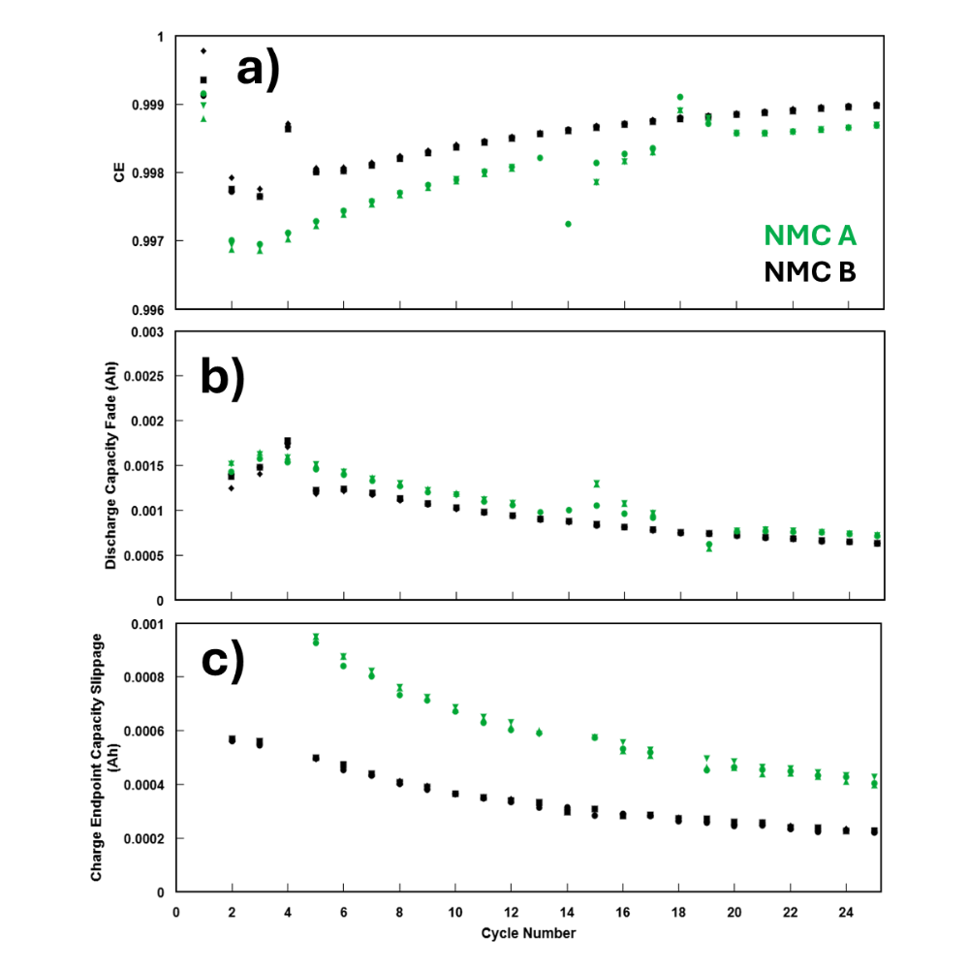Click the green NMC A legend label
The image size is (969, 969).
(x=809, y=235)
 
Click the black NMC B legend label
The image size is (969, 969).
(x=809, y=272)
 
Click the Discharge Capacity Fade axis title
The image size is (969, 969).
(x=111, y=466)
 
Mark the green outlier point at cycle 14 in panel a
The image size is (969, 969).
(x=568, y=224)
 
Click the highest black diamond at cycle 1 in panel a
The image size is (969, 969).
(x=203, y=50)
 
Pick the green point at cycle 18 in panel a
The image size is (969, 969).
(x=680, y=98)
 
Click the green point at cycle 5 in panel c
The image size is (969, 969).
(x=316, y=640)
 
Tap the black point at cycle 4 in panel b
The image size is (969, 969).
(x=288, y=443)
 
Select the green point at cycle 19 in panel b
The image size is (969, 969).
(x=709, y=547)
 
